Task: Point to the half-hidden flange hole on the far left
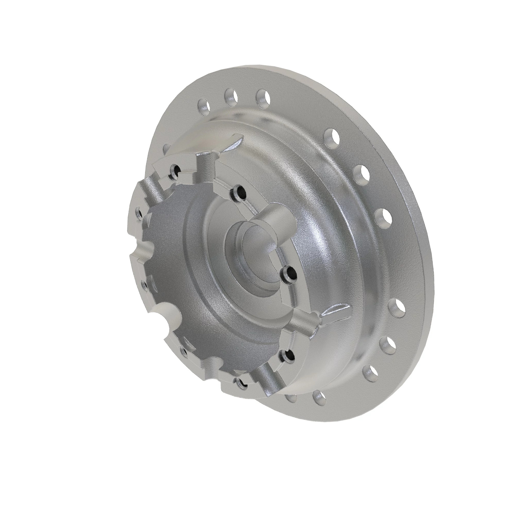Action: click(167, 148)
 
